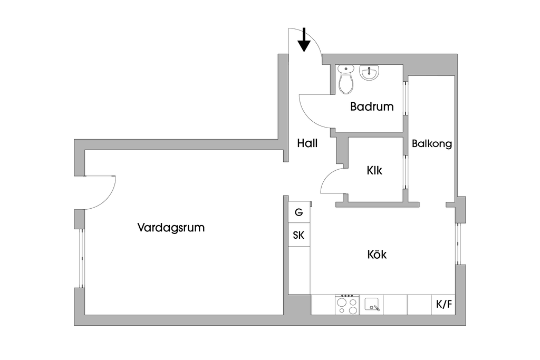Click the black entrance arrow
pyautogui.click(x=304, y=42)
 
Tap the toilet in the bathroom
pyautogui.click(x=346, y=80)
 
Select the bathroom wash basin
pyautogui.click(x=369, y=73)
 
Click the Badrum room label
pyautogui.click(x=372, y=107)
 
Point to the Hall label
pyautogui.click(x=307, y=143)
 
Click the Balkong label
pyautogui.click(x=432, y=143)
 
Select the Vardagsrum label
pyautogui.click(x=171, y=228)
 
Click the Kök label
pyautogui.click(x=377, y=255)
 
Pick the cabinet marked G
pyautogui.click(x=299, y=212)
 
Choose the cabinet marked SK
pyautogui.click(x=299, y=236)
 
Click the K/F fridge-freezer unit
pyautogui.click(x=443, y=305)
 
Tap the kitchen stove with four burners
pyautogui.click(x=347, y=305)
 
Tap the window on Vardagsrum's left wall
pyautogui.click(x=81, y=258)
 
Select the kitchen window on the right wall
pyautogui.click(x=458, y=244)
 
